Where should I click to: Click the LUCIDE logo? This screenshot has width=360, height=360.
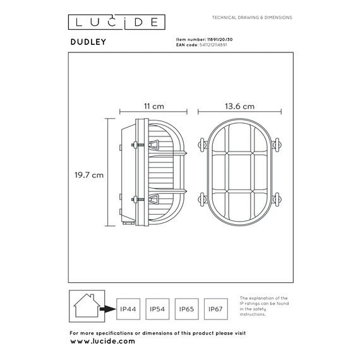point(117,22)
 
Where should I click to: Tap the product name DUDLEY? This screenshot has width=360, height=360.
point(88,42)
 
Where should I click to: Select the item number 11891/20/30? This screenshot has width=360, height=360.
point(220,40)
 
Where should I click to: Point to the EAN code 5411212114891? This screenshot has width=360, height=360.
point(213,45)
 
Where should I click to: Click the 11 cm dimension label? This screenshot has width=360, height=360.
point(154,106)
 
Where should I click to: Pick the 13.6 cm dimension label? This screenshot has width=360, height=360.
point(239,106)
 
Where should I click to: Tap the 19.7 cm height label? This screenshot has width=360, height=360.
point(89,175)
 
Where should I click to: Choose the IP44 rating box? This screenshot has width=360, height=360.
point(128,309)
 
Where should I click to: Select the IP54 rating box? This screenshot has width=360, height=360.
point(157,309)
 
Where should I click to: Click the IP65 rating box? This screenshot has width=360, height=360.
point(187,309)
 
